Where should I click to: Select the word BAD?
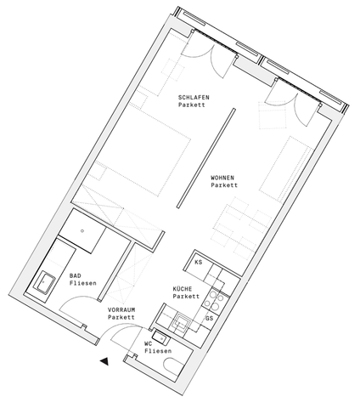(x=76, y=275)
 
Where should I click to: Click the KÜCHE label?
(x=184, y=289)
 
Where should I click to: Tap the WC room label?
(x=148, y=343)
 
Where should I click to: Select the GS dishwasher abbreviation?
(x=209, y=318)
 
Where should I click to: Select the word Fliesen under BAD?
(x=83, y=283)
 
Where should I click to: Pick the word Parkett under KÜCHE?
(x=187, y=297)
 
